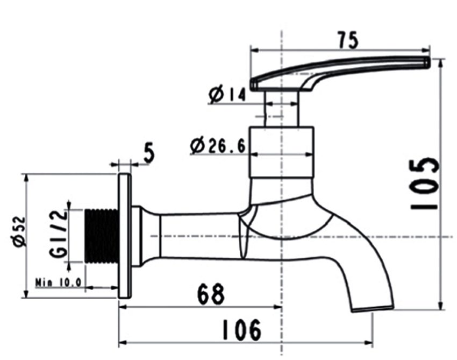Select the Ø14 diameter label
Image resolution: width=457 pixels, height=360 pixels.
tap(226, 95)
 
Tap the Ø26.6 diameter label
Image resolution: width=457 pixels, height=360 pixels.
tap(218, 145)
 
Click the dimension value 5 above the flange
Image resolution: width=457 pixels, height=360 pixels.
tap(148, 153)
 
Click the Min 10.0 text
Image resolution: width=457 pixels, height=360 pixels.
tap(58, 281)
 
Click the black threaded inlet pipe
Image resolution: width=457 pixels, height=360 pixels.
tap(102, 235)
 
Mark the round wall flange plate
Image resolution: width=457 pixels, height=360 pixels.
tap(124, 236)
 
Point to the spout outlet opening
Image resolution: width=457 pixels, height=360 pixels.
tap(372, 307)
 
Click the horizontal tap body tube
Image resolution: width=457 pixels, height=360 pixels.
tap(199, 236)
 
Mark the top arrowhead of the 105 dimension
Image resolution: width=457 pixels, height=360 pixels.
tap(441, 61)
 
